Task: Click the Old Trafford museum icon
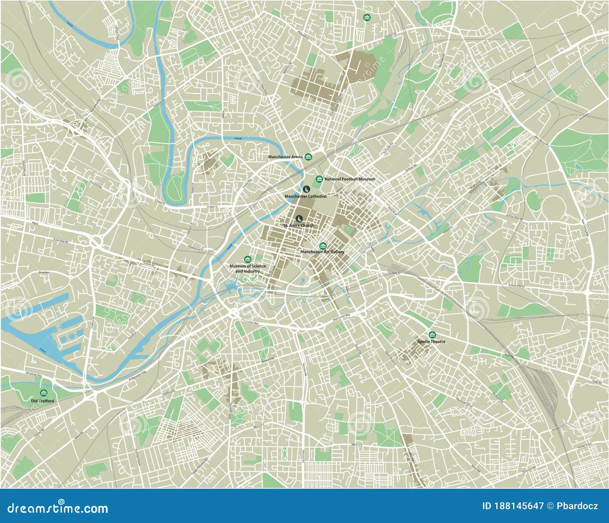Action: point(43,393)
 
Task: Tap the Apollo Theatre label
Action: point(431,341)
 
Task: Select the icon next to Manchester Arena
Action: point(308,156)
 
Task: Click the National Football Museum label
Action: point(349,179)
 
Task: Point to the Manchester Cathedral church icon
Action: point(306,189)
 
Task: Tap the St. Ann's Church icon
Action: point(299,218)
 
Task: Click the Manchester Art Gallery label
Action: point(322,252)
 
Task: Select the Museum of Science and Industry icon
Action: point(247,259)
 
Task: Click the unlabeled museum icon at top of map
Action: point(367,18)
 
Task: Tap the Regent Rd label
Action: point(148,264)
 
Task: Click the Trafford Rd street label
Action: point(92,323)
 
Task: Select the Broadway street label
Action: point(44,273)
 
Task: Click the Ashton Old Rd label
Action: point(516,285)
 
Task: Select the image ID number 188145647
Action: point(518,506)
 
